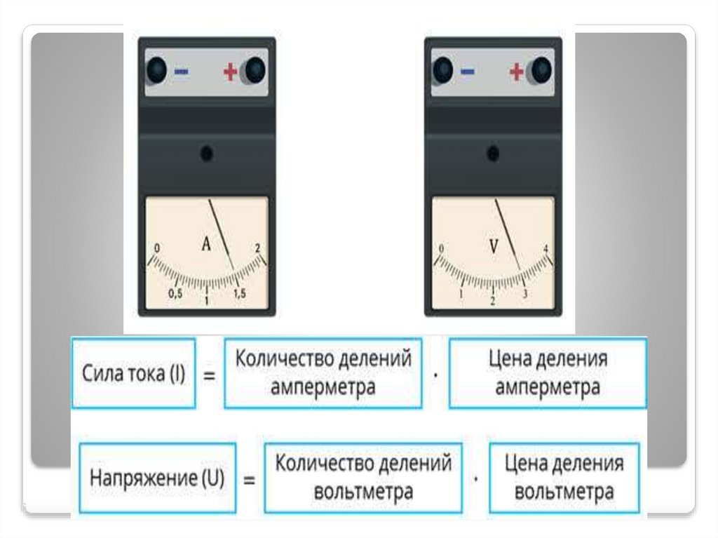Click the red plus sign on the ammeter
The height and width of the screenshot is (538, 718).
[230, 71]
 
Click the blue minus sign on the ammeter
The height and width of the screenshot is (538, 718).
[181, 71]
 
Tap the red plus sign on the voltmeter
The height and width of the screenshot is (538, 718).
[516, 71]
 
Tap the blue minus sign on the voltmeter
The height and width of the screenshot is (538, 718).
[467, 71]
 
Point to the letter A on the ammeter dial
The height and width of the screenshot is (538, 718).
[206, 244]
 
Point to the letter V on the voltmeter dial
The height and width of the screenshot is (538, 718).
[494, 246]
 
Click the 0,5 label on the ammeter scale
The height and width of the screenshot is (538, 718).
[175, 295]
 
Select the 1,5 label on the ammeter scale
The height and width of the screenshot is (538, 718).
[239, 295]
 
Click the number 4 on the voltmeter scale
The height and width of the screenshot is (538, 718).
[546, 249]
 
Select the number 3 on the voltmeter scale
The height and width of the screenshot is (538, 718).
[525, 295]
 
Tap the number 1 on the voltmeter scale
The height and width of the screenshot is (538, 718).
[461, 295]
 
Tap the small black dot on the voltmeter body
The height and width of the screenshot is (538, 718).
[493, 153]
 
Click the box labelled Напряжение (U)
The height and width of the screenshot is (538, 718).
[157, 478]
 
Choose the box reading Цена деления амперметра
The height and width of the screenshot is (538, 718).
[548, 373]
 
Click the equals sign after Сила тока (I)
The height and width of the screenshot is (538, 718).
[209, 375]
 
